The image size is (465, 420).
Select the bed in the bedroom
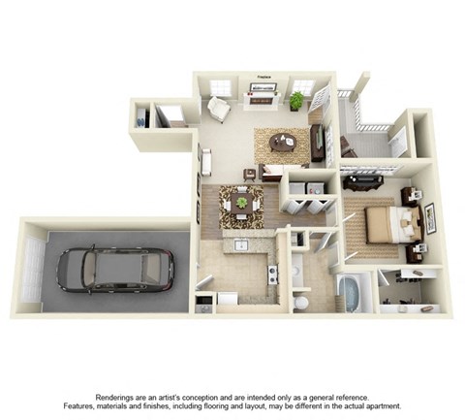[396, 222]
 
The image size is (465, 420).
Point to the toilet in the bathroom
[302, 302]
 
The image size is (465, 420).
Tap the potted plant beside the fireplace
[295, 100]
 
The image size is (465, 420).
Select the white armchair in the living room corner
[218, 110]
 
